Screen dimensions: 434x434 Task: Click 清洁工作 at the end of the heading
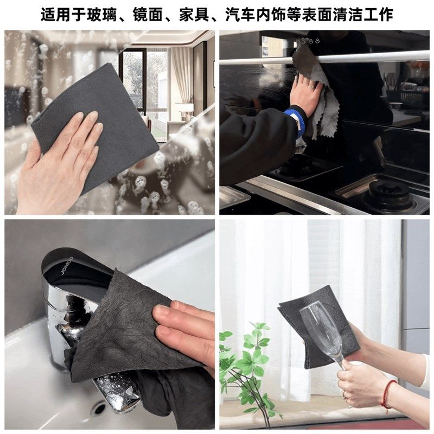(x=366, y=14)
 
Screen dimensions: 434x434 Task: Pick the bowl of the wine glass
(x=320, y=325)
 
